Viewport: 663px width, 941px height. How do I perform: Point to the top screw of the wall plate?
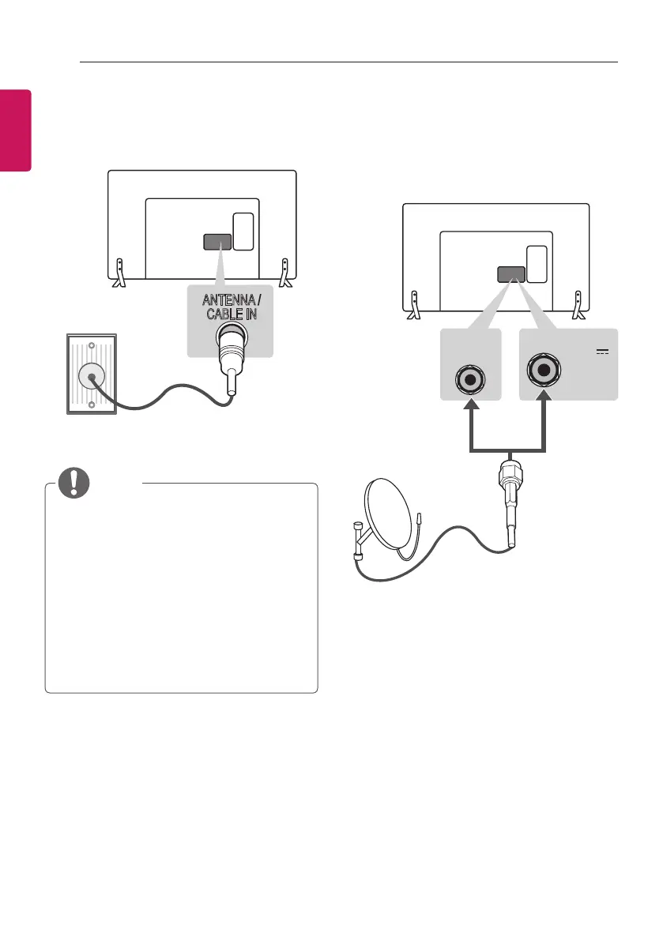pyautogui.click(x=92, y=346)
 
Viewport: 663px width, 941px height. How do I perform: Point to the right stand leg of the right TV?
pyautogui.click(x=580, y=305)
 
